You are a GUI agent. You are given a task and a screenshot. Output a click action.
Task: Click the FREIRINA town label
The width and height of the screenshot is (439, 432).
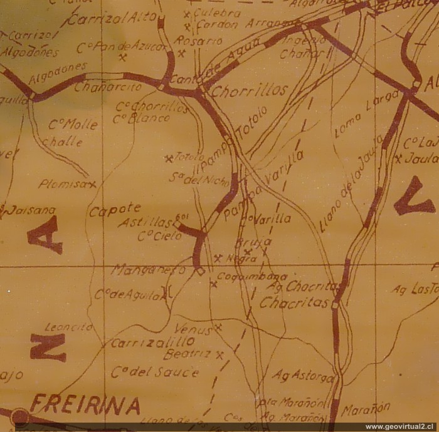pos(85,405)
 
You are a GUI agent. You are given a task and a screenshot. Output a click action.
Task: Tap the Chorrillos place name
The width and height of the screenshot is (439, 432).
pos(249,91)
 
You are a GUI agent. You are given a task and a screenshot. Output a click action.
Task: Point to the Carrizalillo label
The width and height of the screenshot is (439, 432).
pos(152,342)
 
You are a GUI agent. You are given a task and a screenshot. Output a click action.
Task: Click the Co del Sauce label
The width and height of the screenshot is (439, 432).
pos(155,372)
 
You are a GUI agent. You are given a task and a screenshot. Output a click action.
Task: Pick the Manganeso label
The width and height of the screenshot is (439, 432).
pos(149,270)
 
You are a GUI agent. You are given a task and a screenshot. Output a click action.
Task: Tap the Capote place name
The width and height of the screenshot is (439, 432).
pos(114,211)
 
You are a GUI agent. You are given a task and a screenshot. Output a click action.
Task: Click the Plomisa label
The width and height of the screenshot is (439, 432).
pos(63,184)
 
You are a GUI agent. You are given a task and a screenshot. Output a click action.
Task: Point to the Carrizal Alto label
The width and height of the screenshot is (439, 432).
pos(112,18)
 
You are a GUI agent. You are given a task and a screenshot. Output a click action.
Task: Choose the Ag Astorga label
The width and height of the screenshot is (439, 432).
pos(302,376)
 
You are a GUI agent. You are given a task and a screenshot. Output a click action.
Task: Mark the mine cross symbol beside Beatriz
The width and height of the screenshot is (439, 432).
pos(219,355)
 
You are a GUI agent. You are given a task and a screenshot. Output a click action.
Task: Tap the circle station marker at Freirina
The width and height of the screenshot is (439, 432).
pos(21,416)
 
